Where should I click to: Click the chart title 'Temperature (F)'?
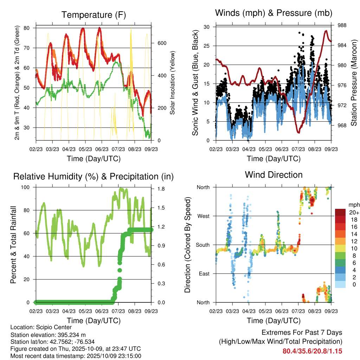coord(94,15)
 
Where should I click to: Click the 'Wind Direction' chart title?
coord(274,174)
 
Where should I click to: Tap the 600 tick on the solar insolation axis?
coord(162,43)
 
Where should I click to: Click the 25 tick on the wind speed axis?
coord(207,46)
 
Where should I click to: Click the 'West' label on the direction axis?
coord(203,216)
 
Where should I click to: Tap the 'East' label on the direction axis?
coord(204,274)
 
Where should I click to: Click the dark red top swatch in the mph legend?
coord(340,212)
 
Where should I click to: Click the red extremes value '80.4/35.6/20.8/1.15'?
coord(312,351)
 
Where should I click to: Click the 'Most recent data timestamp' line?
coord(76,356)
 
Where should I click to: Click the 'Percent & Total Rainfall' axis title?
coord(13,245)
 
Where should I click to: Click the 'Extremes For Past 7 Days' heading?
coord(302,333)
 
